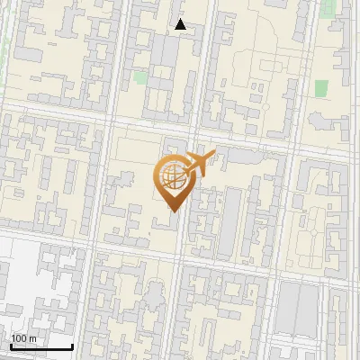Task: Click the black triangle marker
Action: (181, 25)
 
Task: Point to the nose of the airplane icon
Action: (212, 154)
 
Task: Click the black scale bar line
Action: (41, 346)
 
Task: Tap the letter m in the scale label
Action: (32, 338)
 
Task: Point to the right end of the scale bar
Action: (72, 346)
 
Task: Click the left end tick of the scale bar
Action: (11, 346)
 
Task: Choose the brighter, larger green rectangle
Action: (321, 88)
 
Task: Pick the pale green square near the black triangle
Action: (140, 77)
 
